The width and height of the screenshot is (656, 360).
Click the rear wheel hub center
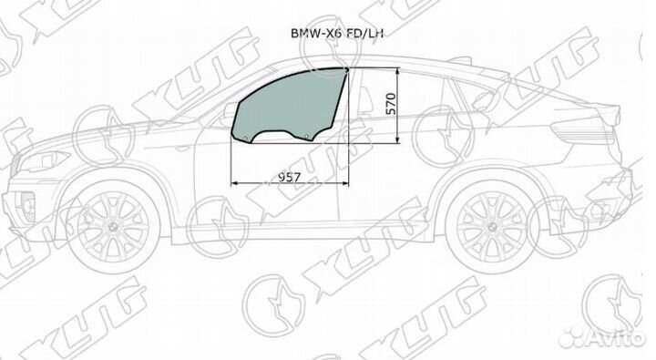[491, 225]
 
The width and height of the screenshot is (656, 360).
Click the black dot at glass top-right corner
[348, 68]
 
